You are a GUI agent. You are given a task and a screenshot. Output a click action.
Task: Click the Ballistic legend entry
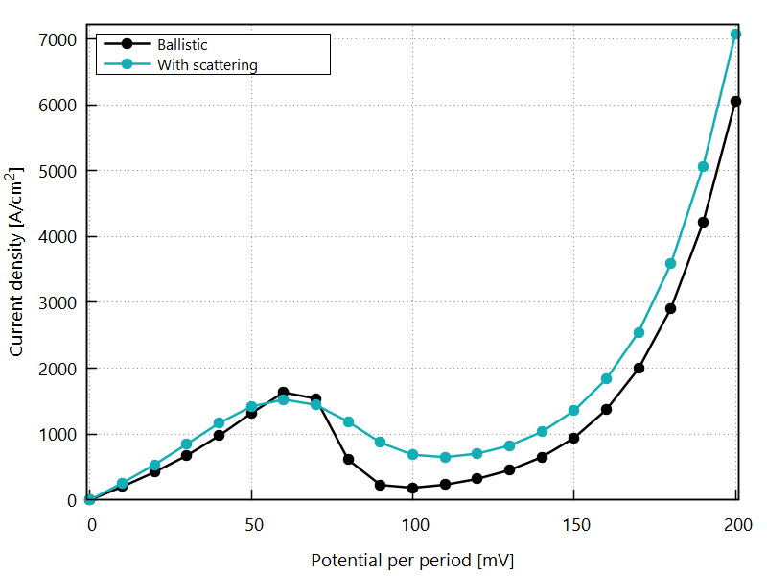click(182, 45)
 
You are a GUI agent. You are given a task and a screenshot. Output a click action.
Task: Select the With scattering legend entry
click(206, 65)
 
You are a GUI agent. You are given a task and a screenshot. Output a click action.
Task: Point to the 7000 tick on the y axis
click(58, 39)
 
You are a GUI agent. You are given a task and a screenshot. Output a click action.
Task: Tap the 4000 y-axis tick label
click(58, 237)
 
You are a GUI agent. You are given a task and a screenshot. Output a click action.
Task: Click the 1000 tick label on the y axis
click(58, 435)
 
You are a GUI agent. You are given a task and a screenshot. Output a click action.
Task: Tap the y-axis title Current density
click(17, 261)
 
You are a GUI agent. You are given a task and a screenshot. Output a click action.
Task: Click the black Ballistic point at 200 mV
click(735, 101)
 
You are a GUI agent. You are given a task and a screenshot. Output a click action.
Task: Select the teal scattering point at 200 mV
click(735, 34)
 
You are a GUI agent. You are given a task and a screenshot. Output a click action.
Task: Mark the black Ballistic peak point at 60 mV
click(284, 393)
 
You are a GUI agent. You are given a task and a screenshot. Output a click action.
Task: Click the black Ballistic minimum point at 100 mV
click(412, 488)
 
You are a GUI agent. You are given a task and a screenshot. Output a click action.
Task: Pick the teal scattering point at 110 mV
click(445, 457)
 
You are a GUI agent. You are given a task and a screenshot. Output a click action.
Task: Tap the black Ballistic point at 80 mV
click(348, 459)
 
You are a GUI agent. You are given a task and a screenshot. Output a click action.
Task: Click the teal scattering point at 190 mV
click(703, 166)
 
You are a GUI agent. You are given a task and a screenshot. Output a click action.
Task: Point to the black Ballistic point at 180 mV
click(670, 308)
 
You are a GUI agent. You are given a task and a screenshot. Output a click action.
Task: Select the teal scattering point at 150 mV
click(573, 410)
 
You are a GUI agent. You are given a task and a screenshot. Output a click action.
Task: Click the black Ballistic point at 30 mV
click(187, 455)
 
